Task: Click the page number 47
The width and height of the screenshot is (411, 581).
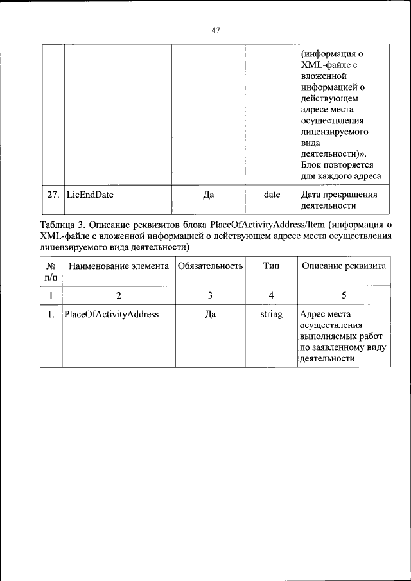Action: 215,30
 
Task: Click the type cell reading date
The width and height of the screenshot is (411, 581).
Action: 272,195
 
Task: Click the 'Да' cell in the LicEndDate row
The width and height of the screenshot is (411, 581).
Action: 209,195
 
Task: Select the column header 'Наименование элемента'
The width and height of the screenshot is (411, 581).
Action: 118,266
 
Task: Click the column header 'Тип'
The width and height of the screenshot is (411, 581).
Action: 271,266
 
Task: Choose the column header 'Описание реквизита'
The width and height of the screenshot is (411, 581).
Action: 344,266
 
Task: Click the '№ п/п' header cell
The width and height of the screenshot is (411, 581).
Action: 51,272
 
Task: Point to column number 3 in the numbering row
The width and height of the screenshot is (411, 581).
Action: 209,295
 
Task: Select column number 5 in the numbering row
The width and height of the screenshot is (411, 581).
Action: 344,295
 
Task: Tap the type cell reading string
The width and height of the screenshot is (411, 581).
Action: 271,315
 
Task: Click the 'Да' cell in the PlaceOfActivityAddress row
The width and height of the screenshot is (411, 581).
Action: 209,315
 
